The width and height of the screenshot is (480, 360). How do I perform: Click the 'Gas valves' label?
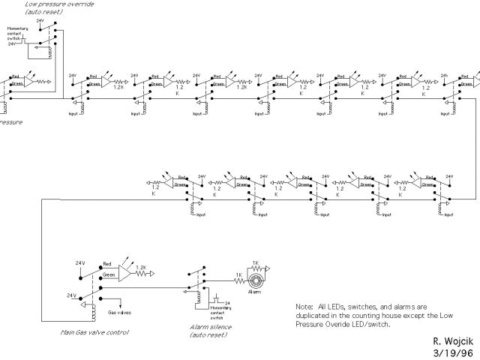pos(121,311)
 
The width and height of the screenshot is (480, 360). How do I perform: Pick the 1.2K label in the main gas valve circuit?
pos(142,266)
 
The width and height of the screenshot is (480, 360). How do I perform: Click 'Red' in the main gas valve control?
pos(107,265)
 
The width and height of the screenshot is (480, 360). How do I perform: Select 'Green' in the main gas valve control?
pos(109,275)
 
